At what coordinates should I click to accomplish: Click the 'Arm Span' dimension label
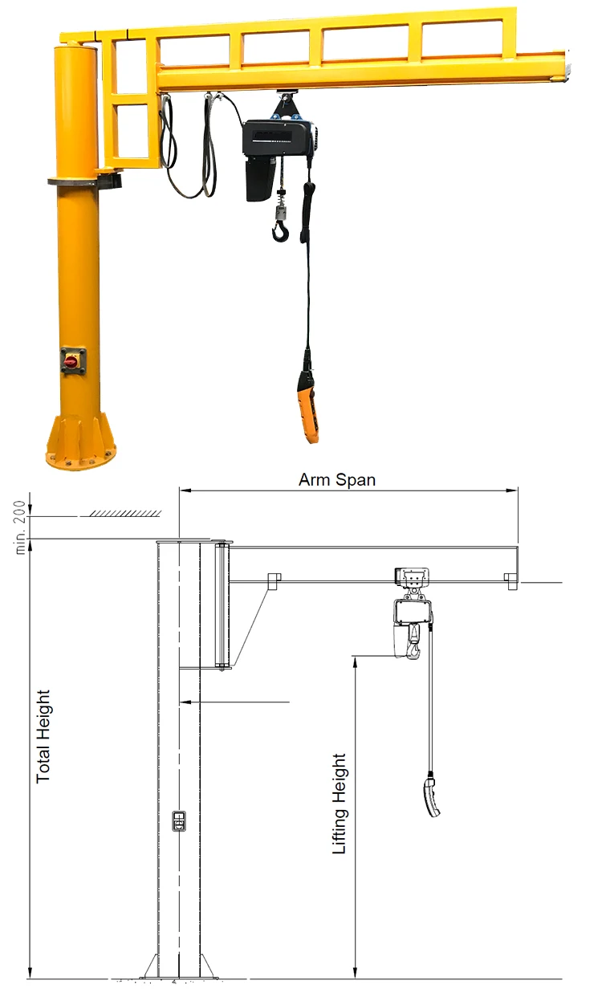click(x=337, y=480)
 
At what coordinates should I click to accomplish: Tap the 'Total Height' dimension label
click(x=43, y=735)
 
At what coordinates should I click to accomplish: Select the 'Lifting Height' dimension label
click(x=340, y=803)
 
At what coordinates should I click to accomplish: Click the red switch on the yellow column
click(x=71, y=361)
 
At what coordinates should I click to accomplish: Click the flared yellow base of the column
click(x=80, y=446)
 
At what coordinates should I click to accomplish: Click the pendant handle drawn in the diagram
click(x=432, y=796)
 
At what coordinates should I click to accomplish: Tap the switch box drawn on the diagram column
click(x=179, y=821)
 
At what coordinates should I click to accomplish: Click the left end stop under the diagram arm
click(x=274, y=580)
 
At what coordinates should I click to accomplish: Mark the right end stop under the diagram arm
click(x=510, y=580)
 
